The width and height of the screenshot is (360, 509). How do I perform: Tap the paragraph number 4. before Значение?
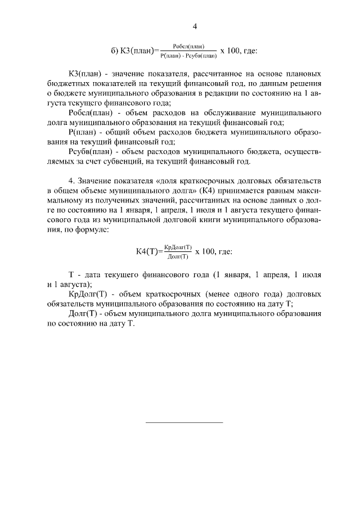(x=71, y=181)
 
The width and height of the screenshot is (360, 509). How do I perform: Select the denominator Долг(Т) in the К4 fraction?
(x=177, y=257)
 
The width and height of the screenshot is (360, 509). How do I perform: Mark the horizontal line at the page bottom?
(x=184, y=421)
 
